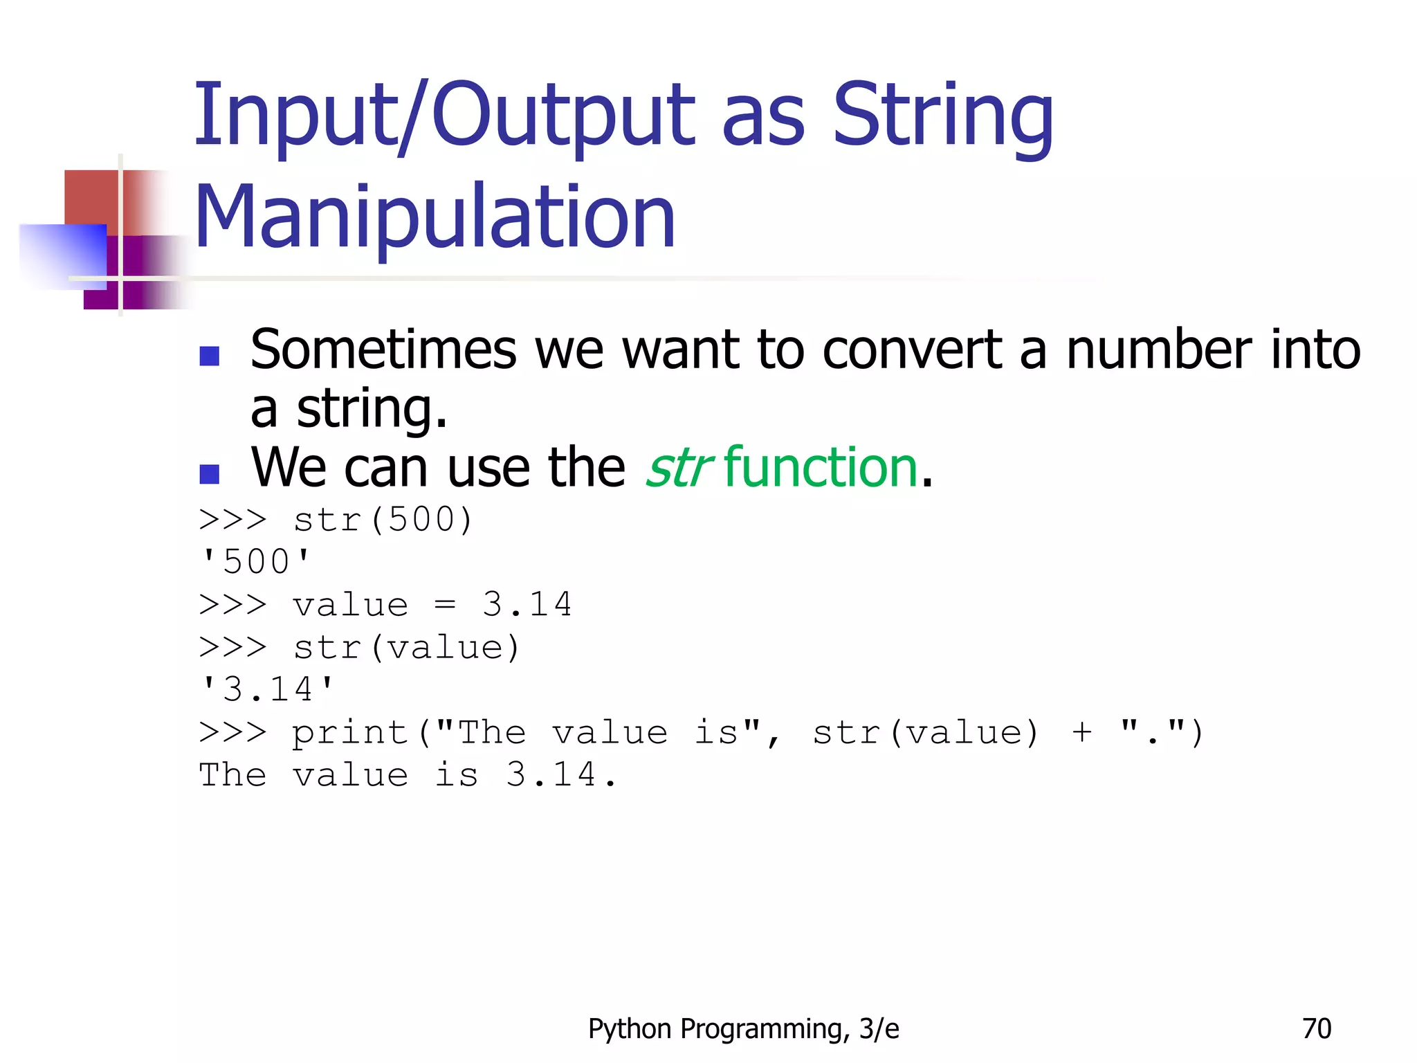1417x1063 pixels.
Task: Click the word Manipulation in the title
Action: [435, 217]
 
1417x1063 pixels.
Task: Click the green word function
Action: [821, 468]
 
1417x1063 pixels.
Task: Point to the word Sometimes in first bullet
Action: [383, 350]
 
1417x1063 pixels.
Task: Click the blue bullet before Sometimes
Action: [209, 356]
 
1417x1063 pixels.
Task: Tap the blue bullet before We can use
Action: [209, 474]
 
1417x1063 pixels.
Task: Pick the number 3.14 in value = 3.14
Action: [527, 604]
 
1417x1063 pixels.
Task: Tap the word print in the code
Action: [349, 733]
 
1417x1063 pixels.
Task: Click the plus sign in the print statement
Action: [1082, 733]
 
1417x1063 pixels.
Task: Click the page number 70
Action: [1316, 1029]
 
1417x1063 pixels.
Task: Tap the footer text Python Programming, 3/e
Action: [743, 1029]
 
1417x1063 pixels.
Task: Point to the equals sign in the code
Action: [445, 605]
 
